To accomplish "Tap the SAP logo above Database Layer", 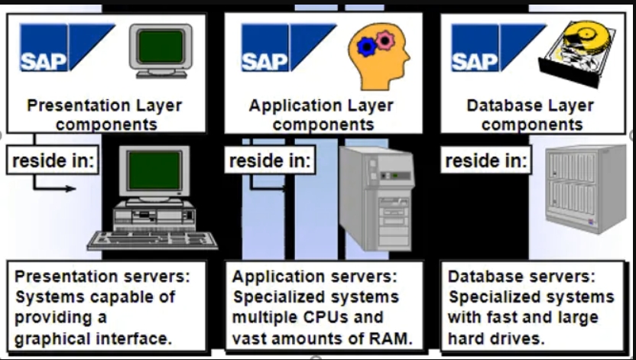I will (496, 47).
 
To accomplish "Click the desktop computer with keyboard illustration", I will (153, 200).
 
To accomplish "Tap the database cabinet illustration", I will (585, 189).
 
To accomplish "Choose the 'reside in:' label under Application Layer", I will (270, 161).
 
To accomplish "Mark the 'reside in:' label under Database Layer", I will (486, 161).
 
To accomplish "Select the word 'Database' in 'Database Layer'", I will (502, 105).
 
